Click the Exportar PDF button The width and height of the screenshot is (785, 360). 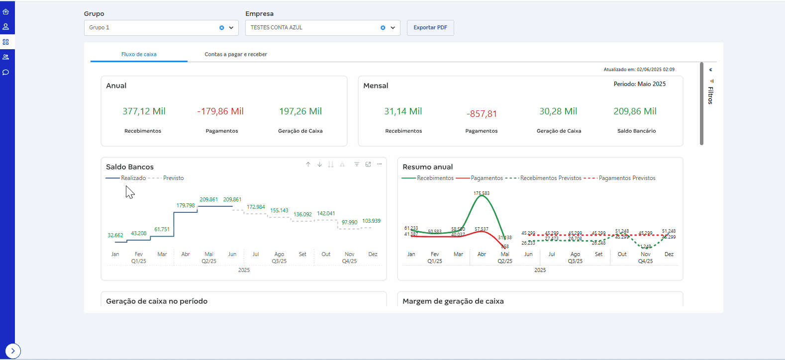(430, 28)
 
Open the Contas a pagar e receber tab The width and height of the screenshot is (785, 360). (236, 54)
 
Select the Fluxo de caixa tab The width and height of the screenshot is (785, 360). (139, 54)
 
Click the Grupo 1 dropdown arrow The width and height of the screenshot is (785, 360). (231, 28)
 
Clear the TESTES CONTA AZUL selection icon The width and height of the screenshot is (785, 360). (383, 28)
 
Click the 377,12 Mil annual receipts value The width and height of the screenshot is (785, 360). (144, 111)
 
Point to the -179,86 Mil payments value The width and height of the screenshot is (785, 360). (220, 111)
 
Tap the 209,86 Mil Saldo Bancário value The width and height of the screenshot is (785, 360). (635, 111)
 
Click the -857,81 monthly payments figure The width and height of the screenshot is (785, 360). (482, 114)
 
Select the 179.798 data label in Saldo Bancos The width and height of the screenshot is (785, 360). (186, 205)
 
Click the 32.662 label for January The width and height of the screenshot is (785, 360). (115, 235)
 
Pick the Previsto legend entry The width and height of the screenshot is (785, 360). (173, 178)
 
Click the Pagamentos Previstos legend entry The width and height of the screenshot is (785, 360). (627, 178)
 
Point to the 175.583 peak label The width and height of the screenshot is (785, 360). (481, 193)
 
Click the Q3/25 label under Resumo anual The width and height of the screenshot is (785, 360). (575, 261)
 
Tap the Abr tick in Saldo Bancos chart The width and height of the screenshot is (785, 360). (186, 254)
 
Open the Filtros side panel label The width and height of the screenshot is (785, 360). (710, 95)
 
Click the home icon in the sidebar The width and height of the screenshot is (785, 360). (6, 11)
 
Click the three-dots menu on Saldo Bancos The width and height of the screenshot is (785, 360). (379, 164)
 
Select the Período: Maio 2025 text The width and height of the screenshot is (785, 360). (639, 84)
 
